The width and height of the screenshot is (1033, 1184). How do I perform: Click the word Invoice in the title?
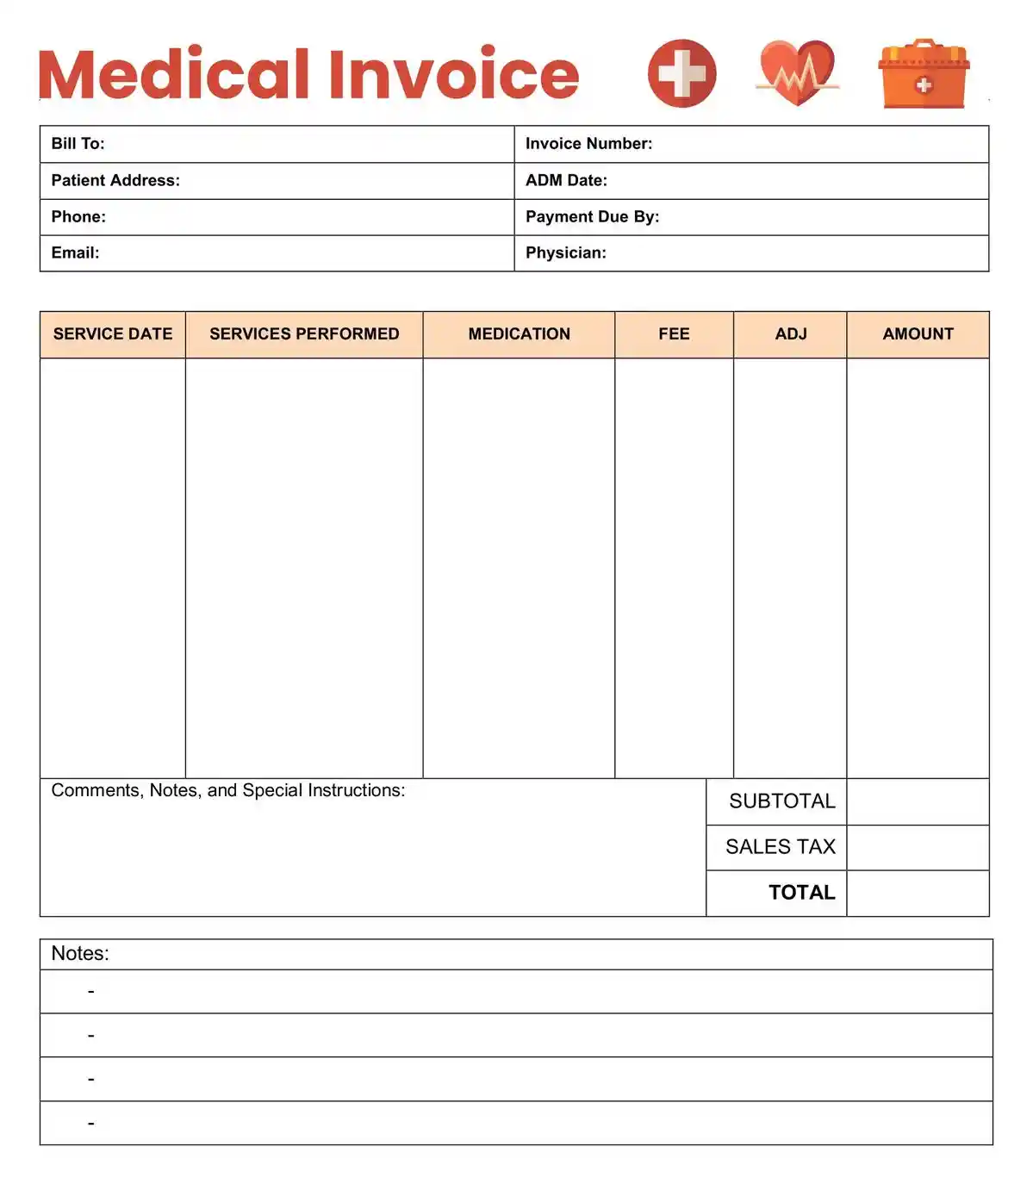click(453, 74)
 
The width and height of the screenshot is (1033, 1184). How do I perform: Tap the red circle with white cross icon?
click(681, 73)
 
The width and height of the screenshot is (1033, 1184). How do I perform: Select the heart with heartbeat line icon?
click(797, 73)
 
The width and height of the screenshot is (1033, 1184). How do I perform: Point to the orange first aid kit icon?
click(924, 74)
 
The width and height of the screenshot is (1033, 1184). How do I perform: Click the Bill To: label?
click(78, 144)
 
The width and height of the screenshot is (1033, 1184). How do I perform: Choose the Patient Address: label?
click(115, 180)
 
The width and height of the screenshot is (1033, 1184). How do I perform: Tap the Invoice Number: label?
click(588, 144)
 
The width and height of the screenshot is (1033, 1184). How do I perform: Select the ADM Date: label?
click(566, 180)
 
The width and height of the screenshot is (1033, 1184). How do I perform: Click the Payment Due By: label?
click(592, 216)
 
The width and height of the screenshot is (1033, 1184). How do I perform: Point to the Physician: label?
click(565, 252)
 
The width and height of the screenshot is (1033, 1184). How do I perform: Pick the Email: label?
click(75, 252)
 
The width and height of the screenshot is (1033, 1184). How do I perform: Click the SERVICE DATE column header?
click(113, 334)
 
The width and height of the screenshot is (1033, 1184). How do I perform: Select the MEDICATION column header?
click(519, 334)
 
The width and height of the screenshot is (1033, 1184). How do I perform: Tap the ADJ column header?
click(790, 334)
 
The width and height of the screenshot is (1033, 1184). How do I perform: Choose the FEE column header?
click(674, 334)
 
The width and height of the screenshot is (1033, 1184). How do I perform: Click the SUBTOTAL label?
click(781, 801)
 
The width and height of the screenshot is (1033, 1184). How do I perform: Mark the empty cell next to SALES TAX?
click(918, 847)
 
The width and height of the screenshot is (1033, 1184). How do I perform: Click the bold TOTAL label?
click(801, 893)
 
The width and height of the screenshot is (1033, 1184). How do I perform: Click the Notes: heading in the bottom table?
click(80, 954)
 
